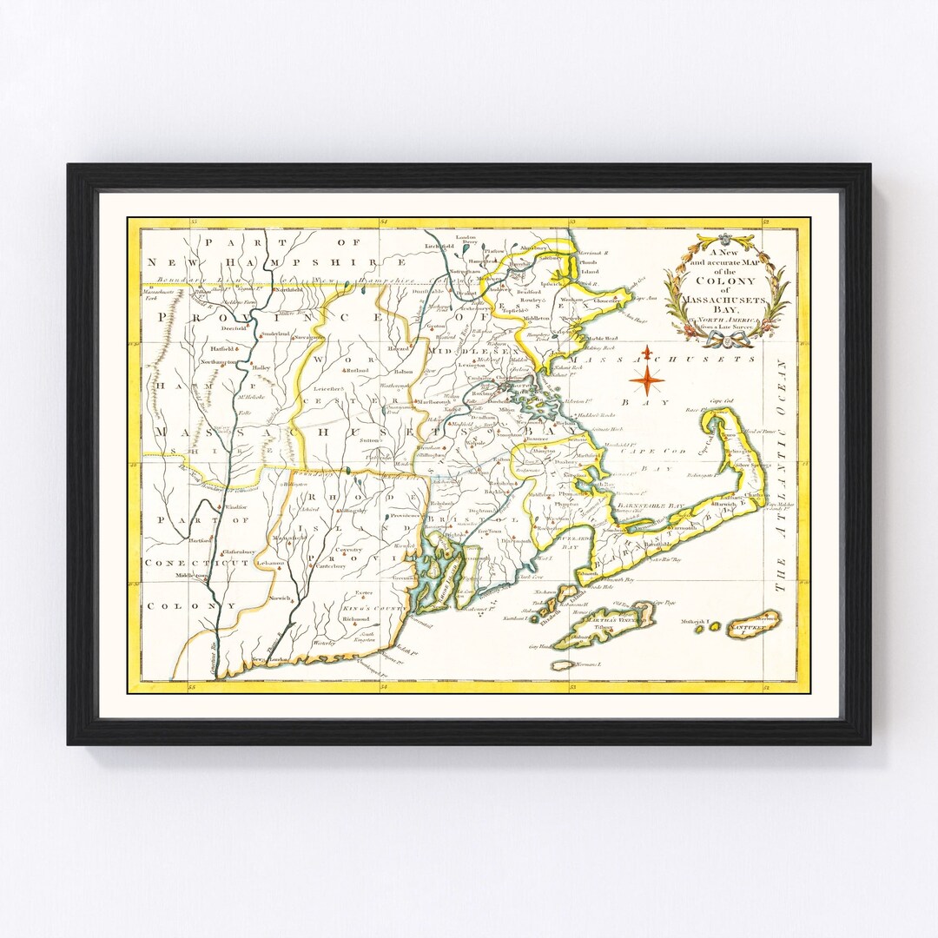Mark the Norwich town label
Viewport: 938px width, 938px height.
281,599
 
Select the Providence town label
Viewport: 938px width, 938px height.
406,516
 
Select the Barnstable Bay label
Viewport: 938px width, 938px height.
651,505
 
